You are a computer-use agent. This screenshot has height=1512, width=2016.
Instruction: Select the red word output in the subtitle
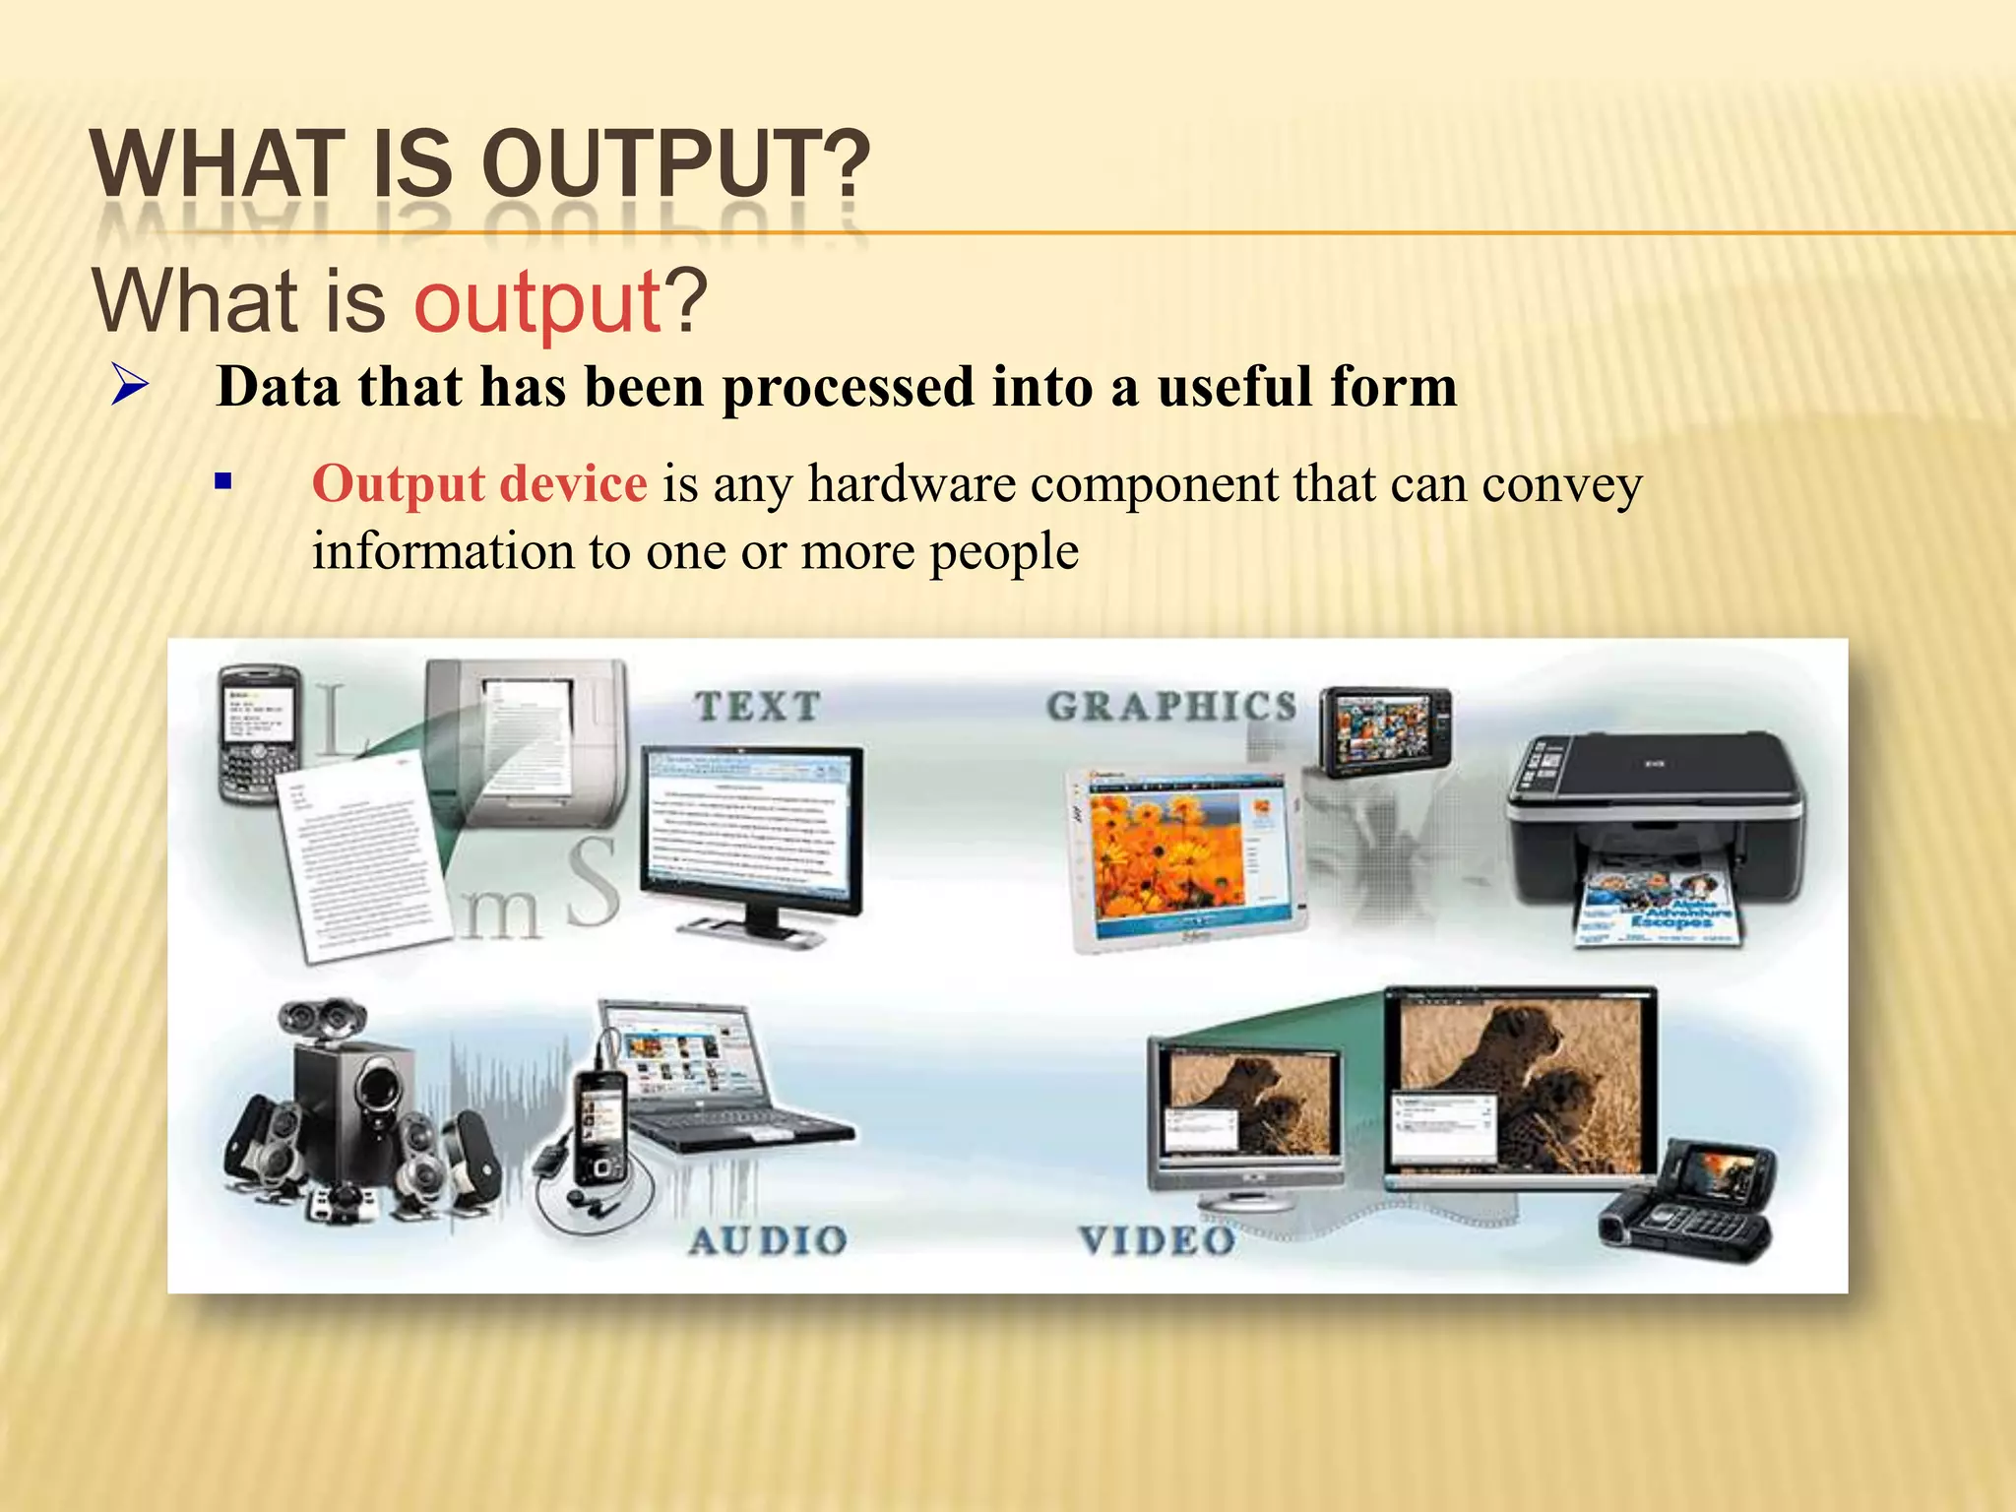tap(536, 301)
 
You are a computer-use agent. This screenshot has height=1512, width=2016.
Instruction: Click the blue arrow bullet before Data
tap(129, 385)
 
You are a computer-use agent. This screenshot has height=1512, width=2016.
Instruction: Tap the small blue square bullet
tap(223, 482)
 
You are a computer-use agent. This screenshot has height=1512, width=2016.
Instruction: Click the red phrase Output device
tap(479, 484)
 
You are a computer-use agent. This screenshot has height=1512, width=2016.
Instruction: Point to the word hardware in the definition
tap(912, 484)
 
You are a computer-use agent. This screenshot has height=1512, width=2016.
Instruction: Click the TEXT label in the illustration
tap(757, 706)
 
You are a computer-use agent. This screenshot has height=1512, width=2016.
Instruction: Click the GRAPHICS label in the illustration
tap(1171, 706)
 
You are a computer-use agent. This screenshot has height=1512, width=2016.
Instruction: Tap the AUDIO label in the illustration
tap(768, 1240)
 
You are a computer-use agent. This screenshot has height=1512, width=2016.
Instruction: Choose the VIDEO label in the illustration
tap(1158, 1240)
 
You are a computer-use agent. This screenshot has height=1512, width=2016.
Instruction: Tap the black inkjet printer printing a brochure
tap(1654, 817)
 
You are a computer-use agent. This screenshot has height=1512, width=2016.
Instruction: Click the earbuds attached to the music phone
tap(591, 1200)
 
